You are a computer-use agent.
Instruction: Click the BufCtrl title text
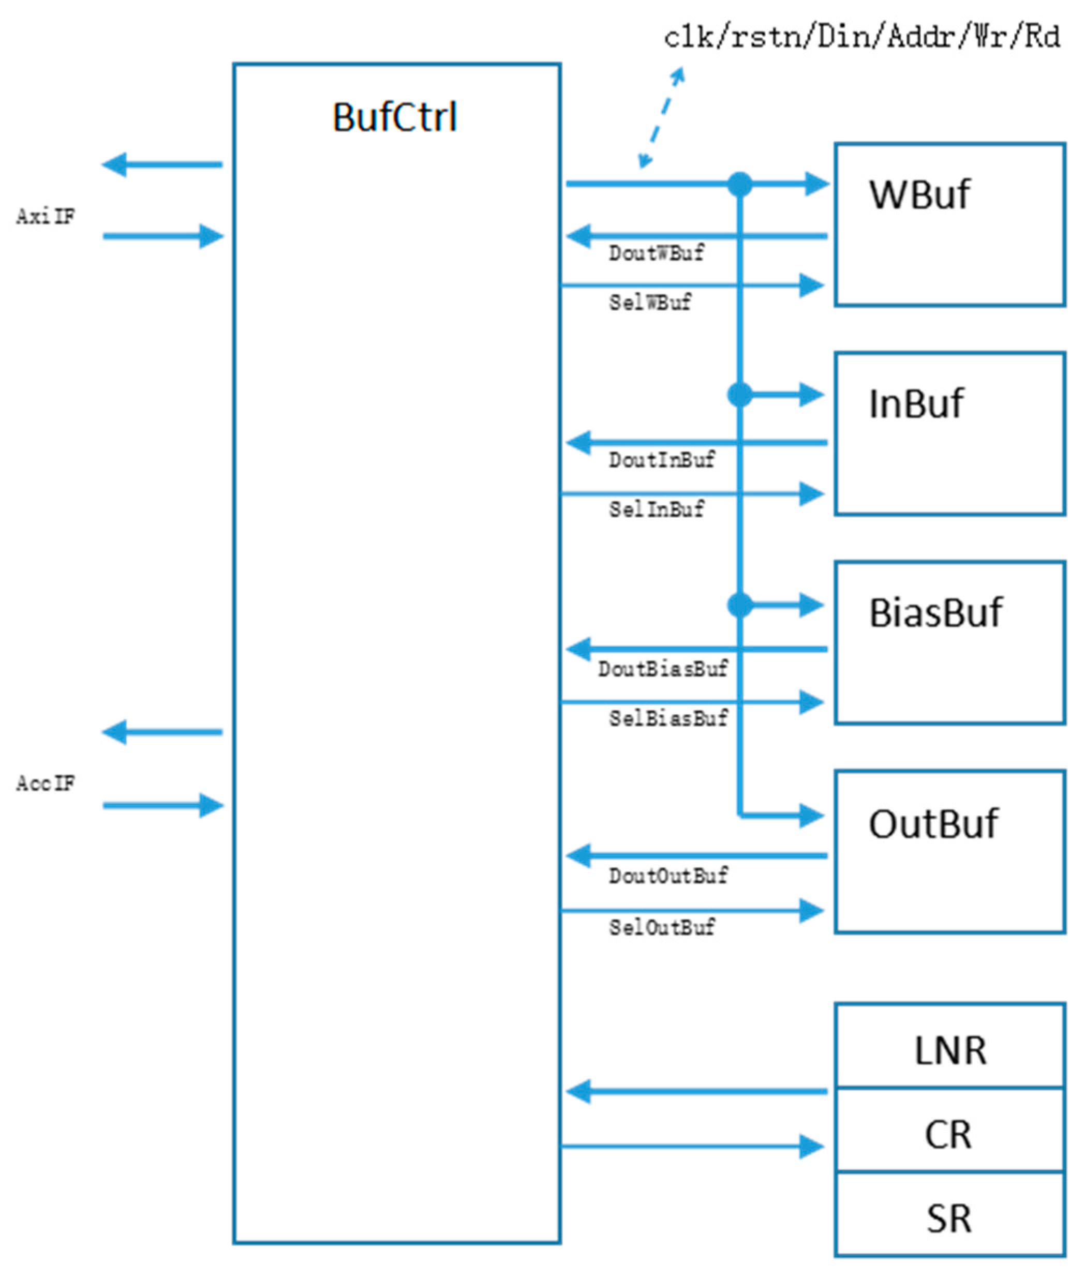395,117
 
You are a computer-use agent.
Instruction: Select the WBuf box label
919,195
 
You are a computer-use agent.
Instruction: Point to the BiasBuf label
935,614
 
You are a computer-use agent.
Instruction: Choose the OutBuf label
933,824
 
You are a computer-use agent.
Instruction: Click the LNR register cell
950,1050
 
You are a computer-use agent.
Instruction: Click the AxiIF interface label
46,217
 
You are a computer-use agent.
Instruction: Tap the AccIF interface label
46,784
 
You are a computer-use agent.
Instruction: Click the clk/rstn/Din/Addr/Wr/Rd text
862,37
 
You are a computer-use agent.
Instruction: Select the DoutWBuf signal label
656,253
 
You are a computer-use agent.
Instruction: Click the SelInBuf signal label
656,509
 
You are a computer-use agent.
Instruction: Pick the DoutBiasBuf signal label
663,669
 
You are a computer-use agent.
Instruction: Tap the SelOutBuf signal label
662,927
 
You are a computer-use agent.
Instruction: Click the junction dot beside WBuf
739,184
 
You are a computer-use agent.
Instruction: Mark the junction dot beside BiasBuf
739,605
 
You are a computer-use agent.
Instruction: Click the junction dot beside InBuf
739,395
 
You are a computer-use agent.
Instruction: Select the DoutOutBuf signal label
668,876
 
